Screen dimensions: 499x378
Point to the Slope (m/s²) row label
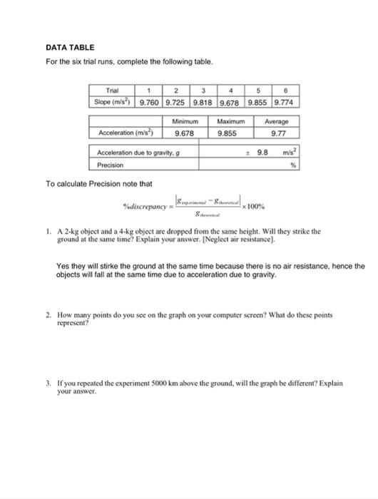click(112, 103)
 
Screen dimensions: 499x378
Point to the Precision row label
click(111, 164)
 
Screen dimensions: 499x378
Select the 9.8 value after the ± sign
click(264, 152)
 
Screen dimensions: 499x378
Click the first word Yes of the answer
click(62, 264)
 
